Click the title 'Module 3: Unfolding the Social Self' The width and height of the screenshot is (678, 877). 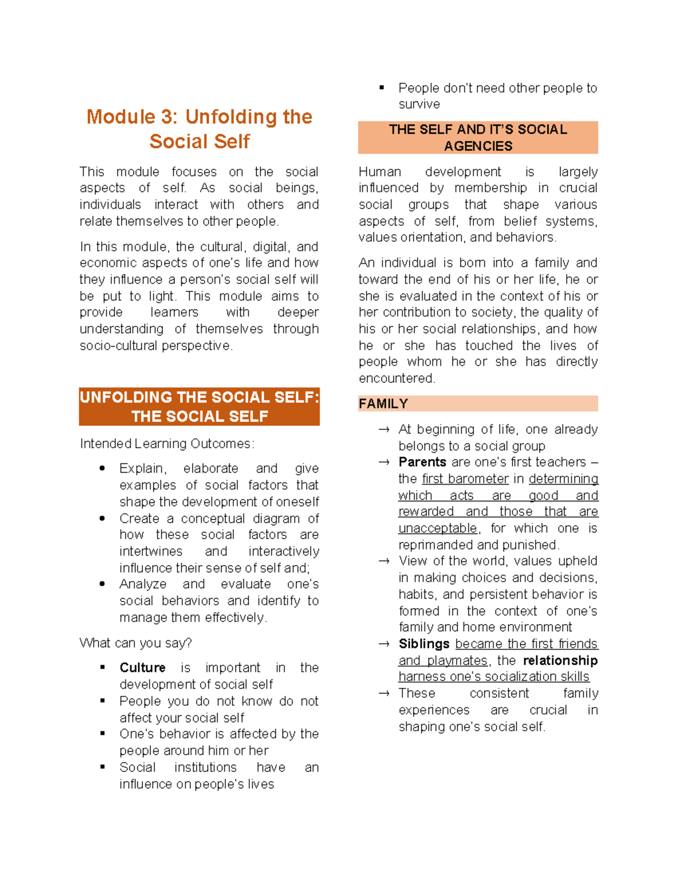pyautogui.click(x=199, y=129)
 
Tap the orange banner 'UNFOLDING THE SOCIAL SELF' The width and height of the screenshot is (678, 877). pyautogui.click(x=199, y=407)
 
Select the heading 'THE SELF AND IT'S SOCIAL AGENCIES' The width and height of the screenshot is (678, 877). pyautogui.click(x=478, y=137)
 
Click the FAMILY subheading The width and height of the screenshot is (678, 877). pyautogui.click(x=384, y=404)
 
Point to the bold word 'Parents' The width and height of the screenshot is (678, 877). pyautogui.click(x=422, y=462)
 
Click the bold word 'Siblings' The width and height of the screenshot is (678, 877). pyautogui.click(x=424, y=644)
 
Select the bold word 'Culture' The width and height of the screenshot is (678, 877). pyautogui.click(x=142, y=667)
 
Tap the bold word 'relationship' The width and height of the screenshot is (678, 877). pyautogui.click(x=560, y=660)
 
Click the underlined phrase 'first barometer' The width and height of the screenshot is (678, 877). pyautogui.click(x=465, y=479)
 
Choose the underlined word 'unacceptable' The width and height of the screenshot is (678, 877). pyautogui.click(x=438, y=529)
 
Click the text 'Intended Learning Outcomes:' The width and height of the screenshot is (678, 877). pyautogui.click(x=167, y=444)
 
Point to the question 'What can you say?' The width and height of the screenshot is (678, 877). pyautogui.click(x=136, y=643)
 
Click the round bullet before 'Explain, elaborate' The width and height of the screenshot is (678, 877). pyautogui.click(x=102, y=468)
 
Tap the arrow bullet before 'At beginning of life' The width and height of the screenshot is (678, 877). pyautogui.click(x=384, y=430)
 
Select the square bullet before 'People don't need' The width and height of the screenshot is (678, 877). pyautogui.click(x=382, y=88)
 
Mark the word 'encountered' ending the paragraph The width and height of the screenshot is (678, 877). pyautogui.click(x=395, y=378)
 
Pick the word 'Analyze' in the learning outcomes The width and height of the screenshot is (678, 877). pyautogui.click(x=143, y=584)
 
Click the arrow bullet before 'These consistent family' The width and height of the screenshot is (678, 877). pyautogui.click(x=384, y=693)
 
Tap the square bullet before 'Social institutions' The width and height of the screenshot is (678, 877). pyautogui.click(x=102, y=767)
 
